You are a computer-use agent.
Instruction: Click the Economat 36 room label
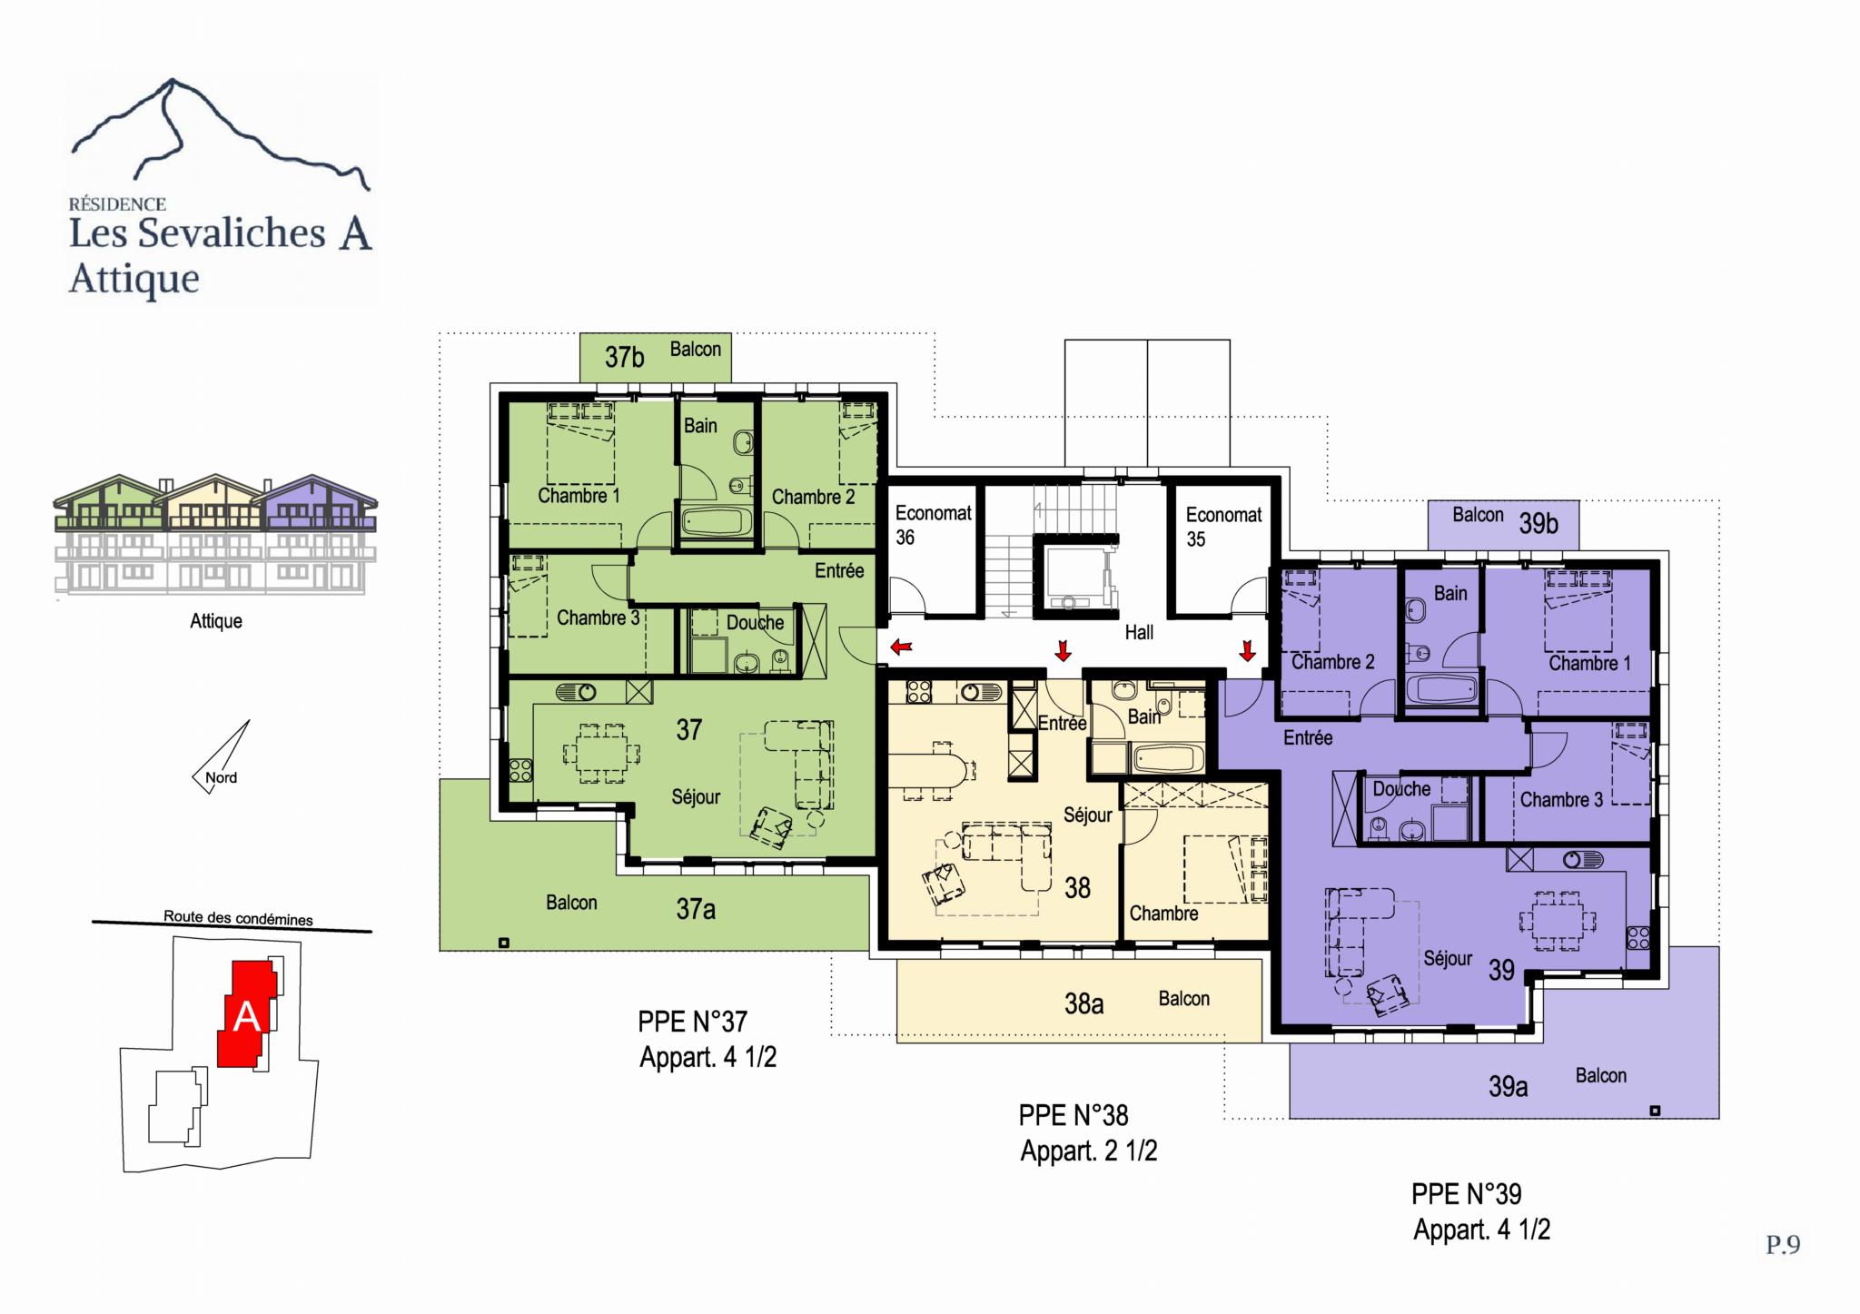click(x=933, y=525)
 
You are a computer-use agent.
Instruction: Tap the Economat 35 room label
click(x=1223, y=527)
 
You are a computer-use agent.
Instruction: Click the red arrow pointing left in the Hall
click(x=902, y=647)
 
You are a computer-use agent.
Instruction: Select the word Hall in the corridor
click(x=1139, y=632)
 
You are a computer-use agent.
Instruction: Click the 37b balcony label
click(x=625, y=357)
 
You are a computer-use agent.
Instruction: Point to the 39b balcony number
click(x=1538, y=524)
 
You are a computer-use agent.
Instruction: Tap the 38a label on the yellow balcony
click(x=1084, y=1003)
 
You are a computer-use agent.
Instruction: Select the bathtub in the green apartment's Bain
click(x=717, y=522)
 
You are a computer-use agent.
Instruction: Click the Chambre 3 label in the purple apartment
click(x=1561, y=800)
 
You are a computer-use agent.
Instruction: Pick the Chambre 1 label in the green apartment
click(x=579, y=496)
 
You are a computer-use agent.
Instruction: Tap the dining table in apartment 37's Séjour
click(x=600, y=753)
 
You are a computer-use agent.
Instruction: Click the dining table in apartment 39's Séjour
click(x=1558, y=922)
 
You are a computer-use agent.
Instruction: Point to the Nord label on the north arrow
click(x=221, y=777)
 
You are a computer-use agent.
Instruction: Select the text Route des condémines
click(x=238, y=918)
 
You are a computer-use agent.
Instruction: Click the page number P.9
click(x=1783, y=1244)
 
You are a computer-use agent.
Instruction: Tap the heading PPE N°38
click(x=1073, y=1114)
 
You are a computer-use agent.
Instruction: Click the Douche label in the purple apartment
click(x=1401, y=789)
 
